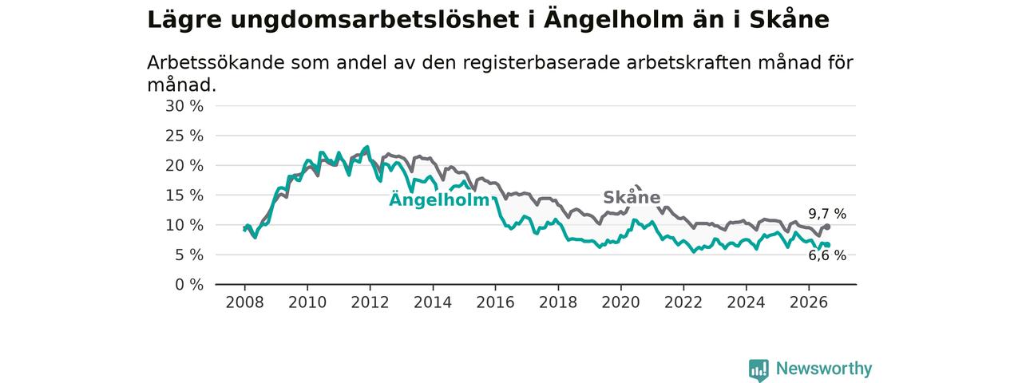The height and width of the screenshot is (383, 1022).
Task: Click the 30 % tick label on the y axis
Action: point(184,106)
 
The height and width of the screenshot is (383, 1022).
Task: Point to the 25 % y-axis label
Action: point(184,136)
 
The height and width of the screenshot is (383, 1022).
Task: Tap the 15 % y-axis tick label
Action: point(184,195)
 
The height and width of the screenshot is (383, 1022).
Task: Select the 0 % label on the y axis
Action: point(189,285)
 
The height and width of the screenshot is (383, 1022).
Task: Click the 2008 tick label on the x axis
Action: point(244,302)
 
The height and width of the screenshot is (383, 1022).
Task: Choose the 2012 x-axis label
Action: point(370,302)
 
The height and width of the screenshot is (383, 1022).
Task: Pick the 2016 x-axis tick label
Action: point(496,302)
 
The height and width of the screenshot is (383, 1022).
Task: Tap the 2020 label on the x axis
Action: point(620,302)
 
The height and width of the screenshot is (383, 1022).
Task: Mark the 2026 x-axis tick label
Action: point(809,302)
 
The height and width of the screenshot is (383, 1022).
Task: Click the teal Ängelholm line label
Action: point(439,199)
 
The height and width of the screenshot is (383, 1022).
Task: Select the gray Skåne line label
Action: point(632,197)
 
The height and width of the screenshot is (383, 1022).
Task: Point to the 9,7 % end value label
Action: point(827,214)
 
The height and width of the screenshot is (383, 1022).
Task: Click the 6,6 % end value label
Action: point(827,255)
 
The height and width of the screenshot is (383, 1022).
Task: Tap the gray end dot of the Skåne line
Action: point(828,227)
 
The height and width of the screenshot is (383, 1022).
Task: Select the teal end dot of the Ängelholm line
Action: point(828,245)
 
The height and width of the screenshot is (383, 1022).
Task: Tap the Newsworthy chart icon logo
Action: point(759,370)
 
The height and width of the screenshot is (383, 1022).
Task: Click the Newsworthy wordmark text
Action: point(824,368)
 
